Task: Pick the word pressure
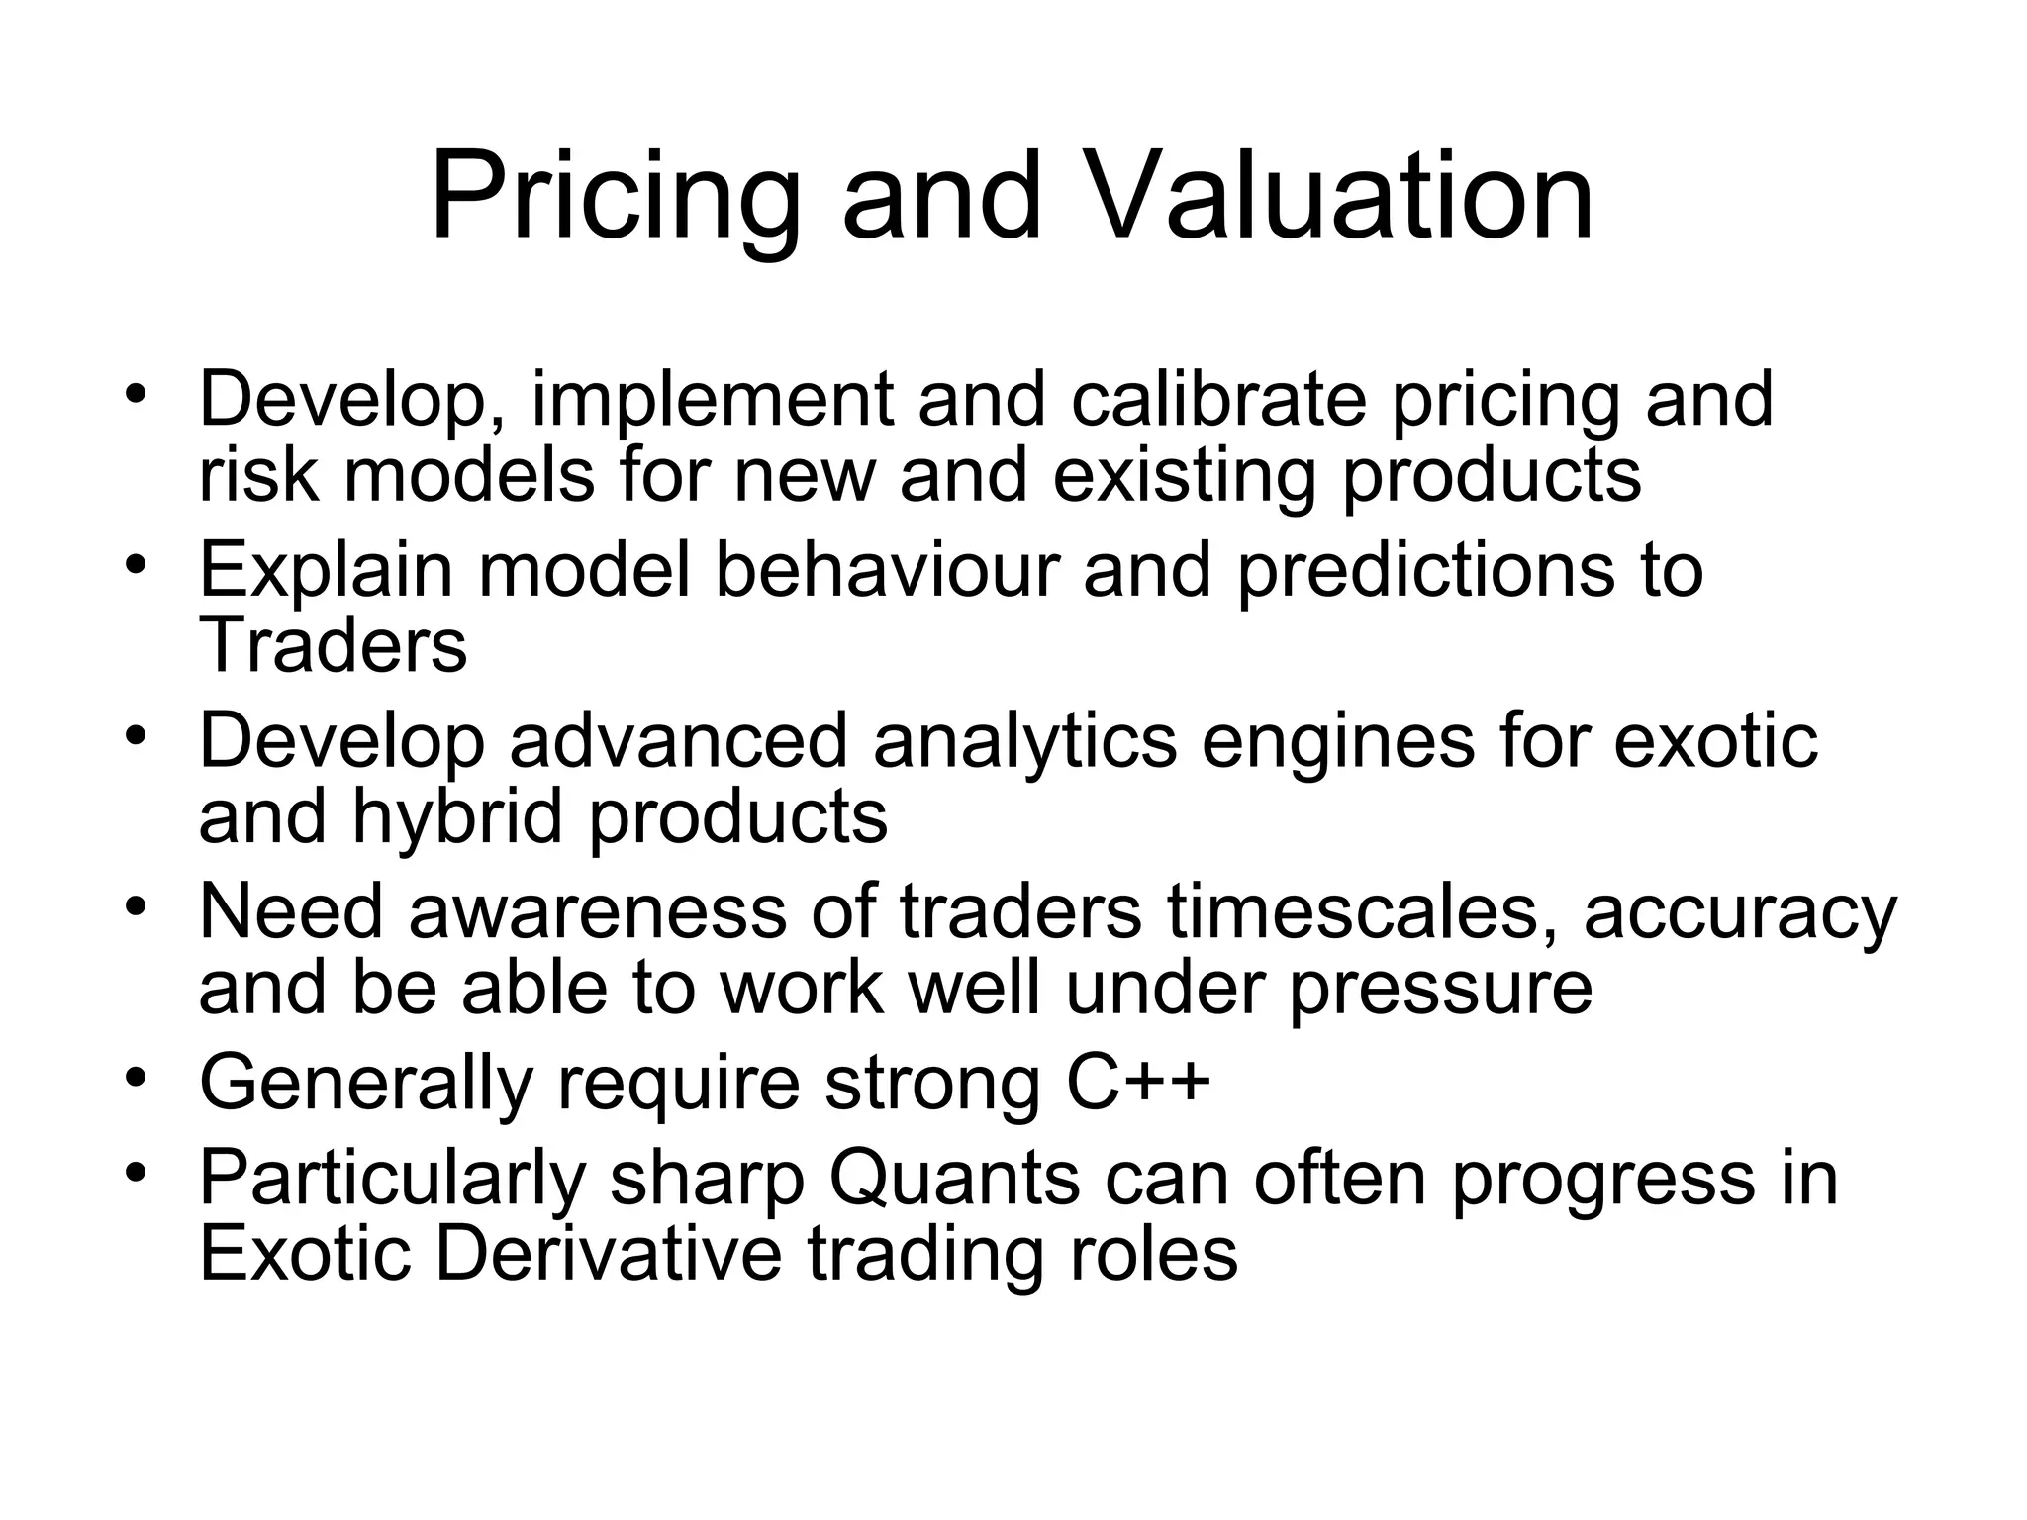tap(1441, 988)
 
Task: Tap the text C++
tap(1138, 1081)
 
